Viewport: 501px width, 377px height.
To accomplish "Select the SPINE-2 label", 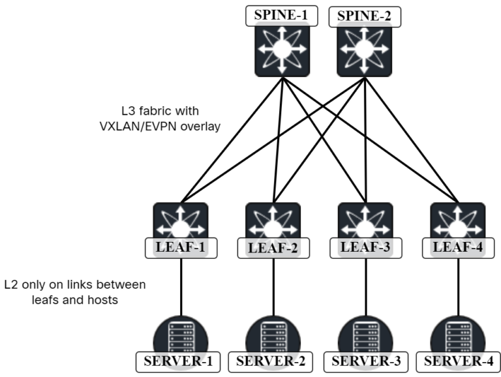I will (364, 16).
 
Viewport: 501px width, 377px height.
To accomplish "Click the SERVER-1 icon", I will (180, 338).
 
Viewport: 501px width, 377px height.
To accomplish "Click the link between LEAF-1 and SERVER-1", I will (180, 284).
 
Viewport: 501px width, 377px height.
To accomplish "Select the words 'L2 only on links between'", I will (75, 286).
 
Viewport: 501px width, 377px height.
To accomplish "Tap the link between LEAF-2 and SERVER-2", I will (273, 284).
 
